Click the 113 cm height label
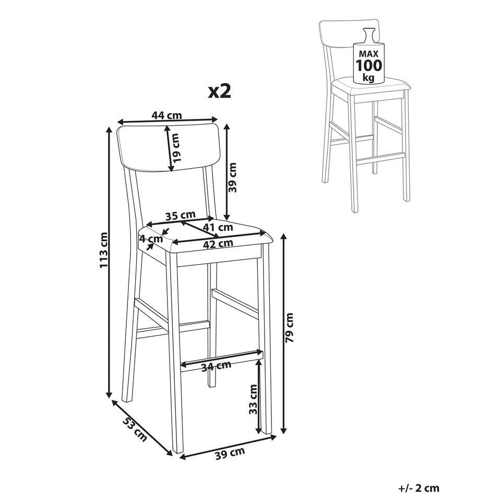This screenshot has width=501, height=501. coord(104,250)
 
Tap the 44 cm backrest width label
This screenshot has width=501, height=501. coord(166,115)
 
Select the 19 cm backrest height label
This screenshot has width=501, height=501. coord(175,147)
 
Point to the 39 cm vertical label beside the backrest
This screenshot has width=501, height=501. coord(232,177)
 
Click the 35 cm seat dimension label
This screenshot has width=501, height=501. coord(181,216)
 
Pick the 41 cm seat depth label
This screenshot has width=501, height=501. coord(219,228)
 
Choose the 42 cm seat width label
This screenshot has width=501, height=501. coord(219,244)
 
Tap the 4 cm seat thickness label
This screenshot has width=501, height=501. coord(151,238)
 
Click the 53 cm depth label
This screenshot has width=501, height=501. coord(135,429)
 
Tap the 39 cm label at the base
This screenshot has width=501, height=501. coord(230,453)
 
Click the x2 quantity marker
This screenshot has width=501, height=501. coord(220,91)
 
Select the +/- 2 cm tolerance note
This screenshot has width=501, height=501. coord(419,488)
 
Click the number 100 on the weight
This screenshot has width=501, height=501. coord(369,66)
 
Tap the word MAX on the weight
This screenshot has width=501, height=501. coord(369,54)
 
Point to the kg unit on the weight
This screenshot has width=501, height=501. coord(369,77)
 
